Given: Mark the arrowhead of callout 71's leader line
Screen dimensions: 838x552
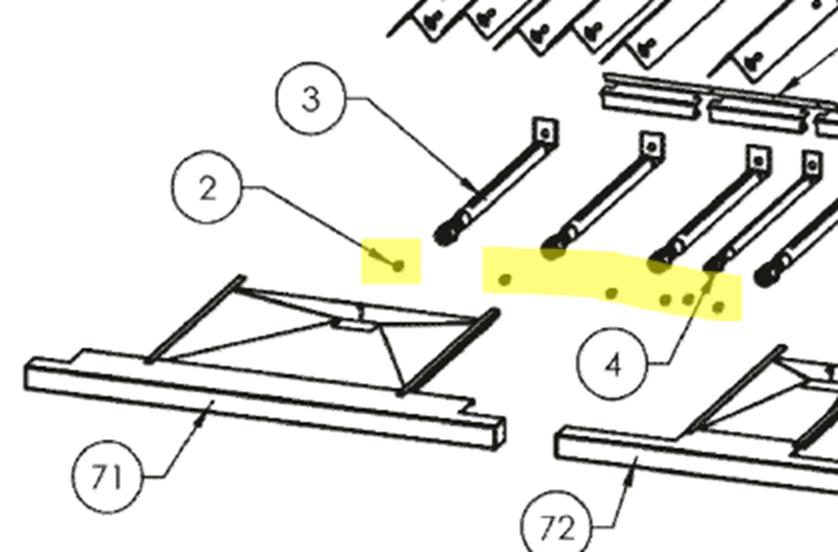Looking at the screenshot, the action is pos(201,422).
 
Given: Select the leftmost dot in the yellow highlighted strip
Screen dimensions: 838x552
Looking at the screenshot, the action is pos(505,279).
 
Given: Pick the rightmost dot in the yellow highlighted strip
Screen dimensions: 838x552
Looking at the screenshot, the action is pos(718,307).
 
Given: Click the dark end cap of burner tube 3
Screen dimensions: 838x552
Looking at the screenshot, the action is pos(445,235).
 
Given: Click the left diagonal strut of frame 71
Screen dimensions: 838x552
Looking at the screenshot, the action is pos(196,319).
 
